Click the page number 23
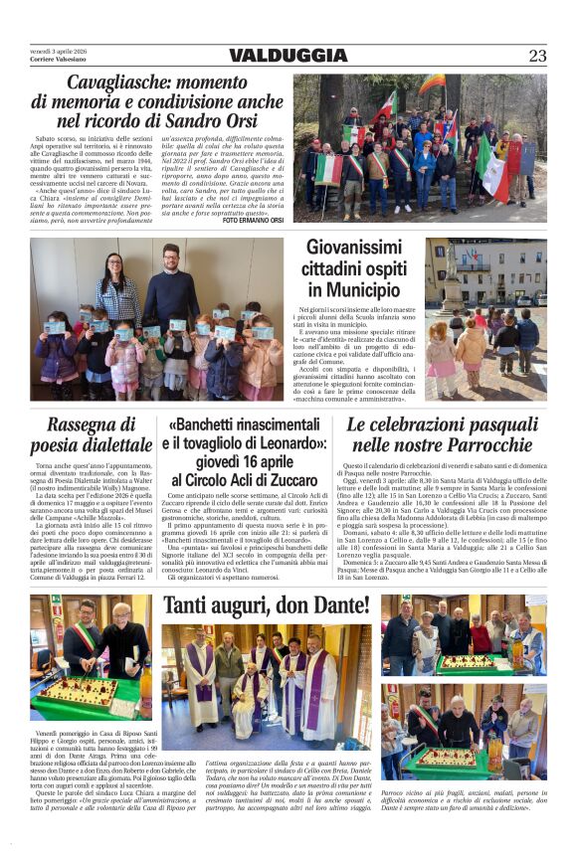pos(537,56)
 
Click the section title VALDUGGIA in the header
pos(288,56)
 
